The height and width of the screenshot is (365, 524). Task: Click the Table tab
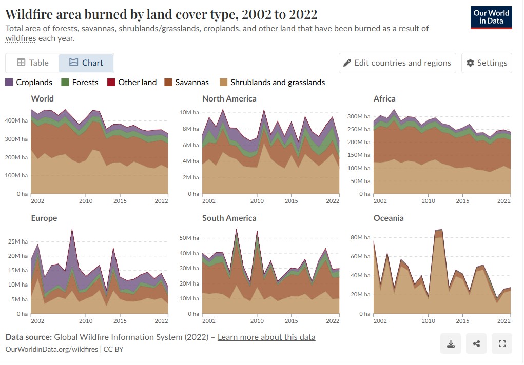tap(33, 63)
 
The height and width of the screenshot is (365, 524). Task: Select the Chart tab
tap(86, 63)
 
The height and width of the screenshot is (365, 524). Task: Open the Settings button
tap(486, 63)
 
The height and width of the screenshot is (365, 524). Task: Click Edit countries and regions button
tap(397, 63)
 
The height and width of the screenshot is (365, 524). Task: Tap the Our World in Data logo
tap(491, 17)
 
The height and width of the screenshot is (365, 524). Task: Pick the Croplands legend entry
tap(29, 82)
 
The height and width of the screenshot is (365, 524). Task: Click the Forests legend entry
tap(80, 82)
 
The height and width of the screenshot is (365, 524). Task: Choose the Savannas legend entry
tap(186, 82)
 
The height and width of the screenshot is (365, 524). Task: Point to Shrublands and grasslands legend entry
tap(272, 82)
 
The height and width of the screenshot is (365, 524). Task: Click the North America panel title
tap(229, 98)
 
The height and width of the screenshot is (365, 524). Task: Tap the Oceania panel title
tap(389, 218)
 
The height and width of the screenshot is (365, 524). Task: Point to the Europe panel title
tap(44, 218)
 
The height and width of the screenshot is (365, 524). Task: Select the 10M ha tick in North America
tap(189, 112)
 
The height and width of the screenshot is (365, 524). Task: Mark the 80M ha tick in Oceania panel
tap(361, 238)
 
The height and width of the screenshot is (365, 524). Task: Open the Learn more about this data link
tap(266, 337)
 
